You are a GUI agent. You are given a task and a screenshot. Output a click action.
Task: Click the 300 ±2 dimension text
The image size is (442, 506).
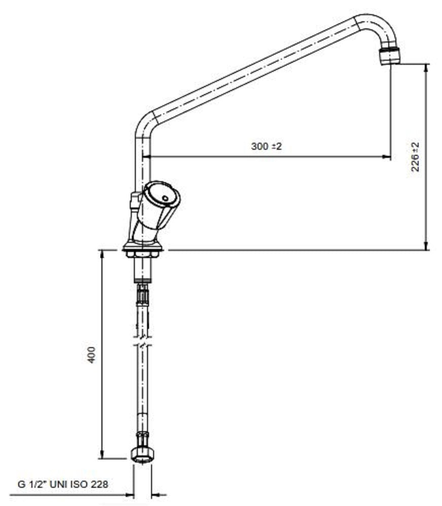pyautogui.click(x=266, y=147)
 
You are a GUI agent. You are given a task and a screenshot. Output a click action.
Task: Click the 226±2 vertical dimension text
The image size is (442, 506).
pyautogui.click(x=416, y=157)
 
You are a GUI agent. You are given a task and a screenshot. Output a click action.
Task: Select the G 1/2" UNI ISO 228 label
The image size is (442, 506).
pyautogui.click(x=63, y=484)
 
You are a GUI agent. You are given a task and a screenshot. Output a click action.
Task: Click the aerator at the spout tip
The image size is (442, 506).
pyautogui.click(x=390, y=54)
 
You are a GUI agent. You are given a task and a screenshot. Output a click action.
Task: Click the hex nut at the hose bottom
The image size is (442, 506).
pyautogui.click(x=142, y=454)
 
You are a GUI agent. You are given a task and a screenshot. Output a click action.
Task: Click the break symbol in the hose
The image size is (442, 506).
pyautogui.click(x=142, y=340)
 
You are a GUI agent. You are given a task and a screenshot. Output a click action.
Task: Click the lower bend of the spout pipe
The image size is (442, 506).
pyautogui.click(x=144, y=121)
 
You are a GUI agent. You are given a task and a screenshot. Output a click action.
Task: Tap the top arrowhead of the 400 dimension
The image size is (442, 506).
pyautogui.click(x=102, y=254)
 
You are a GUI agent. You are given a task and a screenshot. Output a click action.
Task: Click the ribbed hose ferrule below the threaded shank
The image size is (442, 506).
pyautogui.click(x=142, y=293)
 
